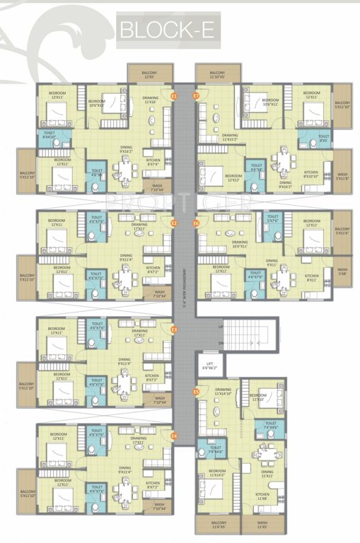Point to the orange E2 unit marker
click(174, 223)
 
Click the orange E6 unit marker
click(196, 223)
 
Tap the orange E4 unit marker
click(174, 436)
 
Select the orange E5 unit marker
click(196, 390)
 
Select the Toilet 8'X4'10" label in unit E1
click(50, 134)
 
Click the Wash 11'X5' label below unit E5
click(261, 525)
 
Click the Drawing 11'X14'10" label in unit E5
click(223, 392)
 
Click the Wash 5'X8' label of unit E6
click(342, 271)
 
